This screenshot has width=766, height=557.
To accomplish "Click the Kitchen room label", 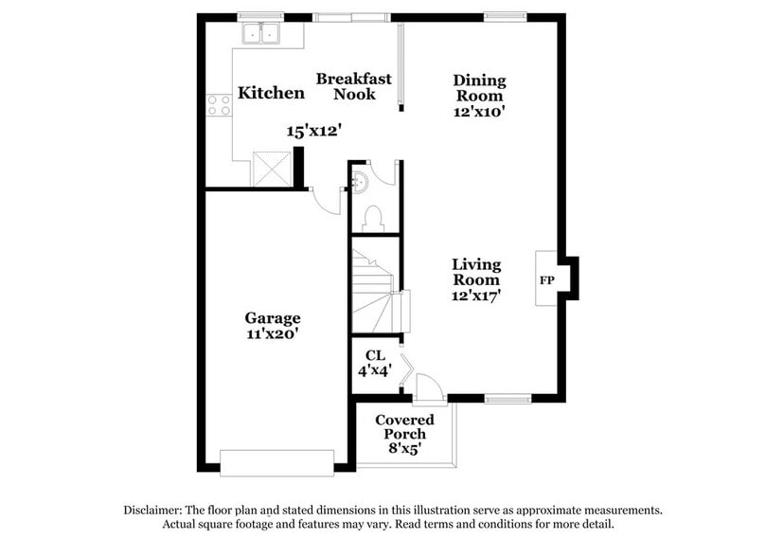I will coord(271,93).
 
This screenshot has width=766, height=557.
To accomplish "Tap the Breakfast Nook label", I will coord(354,87).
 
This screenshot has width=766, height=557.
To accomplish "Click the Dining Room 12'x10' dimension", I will coord(479,111).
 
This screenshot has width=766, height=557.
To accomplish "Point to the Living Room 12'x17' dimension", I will coord(476,296).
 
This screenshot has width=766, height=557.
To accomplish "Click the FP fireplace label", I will coord(547,281).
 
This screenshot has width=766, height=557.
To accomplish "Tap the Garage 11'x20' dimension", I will coord(273,333).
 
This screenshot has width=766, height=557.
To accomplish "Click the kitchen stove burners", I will coord(220,105).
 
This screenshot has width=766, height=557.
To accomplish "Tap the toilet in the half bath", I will coord(372,218).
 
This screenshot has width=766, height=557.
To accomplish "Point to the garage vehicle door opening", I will coord(276,462).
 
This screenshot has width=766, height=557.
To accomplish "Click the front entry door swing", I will coord(427,387).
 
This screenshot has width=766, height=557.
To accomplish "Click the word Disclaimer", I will coord(154,510).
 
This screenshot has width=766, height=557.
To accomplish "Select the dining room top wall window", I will coord(505,16).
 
